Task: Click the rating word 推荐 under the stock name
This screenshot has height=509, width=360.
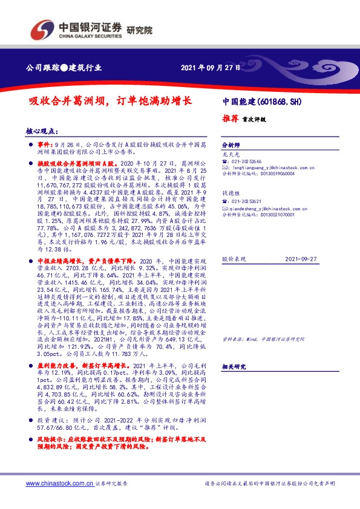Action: [x=231, y=119]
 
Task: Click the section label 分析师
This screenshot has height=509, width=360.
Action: [x=231, y=146]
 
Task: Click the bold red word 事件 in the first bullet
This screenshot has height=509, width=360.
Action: [x=45, y=146]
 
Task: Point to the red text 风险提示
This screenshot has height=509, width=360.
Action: [x=50, y=441]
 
